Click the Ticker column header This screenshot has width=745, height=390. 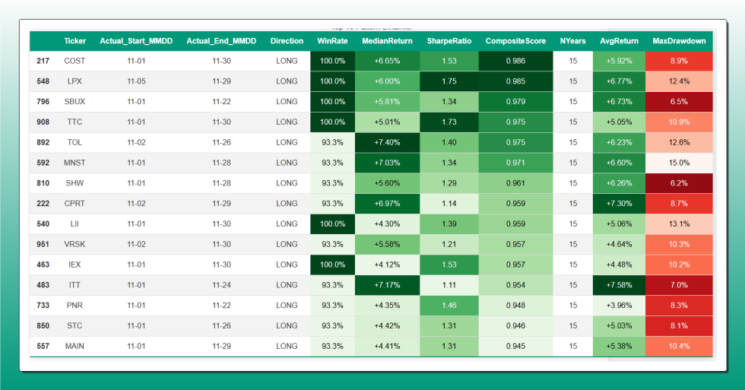point(74,41)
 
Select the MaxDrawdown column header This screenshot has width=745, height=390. point(679,41)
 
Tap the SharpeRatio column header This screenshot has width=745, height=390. point(449,41)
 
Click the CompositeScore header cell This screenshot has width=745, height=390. point(515,41)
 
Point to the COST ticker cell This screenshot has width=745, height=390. point(74,61)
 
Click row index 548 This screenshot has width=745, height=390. point(43,81)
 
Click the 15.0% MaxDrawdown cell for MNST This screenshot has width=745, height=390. point(679,163)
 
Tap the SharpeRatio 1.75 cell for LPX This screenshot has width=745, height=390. point(449,81)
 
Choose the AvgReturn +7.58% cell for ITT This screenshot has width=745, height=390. point(618,285)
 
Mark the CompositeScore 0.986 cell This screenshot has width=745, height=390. point(515,61)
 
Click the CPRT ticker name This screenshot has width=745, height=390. point(74,204)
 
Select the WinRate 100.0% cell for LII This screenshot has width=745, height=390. point(332,224)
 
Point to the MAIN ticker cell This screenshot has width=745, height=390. point(74,346)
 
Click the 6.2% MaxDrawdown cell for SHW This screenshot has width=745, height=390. point(679,183)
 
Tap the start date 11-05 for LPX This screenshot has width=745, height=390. point(137,81)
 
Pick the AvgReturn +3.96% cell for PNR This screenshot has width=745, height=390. point(618,306)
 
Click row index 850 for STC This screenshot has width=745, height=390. point(43,326)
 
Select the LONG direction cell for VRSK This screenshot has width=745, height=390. point(287,244)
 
